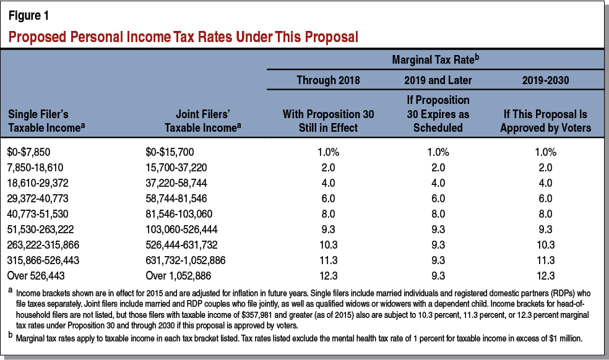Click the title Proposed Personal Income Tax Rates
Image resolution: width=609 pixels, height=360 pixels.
(x=183, y=36)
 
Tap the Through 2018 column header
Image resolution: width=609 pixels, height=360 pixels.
(x=327, y=80)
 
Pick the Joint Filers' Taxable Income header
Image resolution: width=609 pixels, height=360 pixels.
(x=197, y=121)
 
